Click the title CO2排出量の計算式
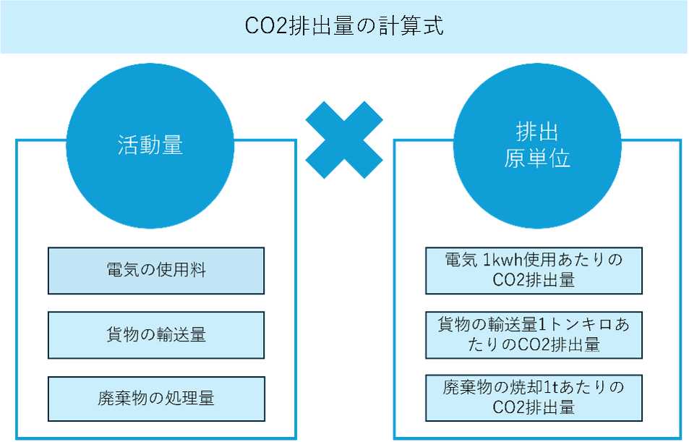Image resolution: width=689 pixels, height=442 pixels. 344,27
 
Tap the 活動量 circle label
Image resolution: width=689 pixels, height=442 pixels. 150,145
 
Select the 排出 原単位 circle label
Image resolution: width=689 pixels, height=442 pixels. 537,145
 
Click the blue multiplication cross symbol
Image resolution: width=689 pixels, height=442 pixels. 344,140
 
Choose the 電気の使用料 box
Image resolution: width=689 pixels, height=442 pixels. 156,271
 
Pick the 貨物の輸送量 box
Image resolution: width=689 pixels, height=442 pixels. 156,335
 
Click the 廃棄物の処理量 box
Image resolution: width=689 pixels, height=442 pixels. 156,398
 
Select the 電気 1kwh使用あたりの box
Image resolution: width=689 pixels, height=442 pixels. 534,270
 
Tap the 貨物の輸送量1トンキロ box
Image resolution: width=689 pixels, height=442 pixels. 534,334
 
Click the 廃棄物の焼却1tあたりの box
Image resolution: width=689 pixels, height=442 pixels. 534,397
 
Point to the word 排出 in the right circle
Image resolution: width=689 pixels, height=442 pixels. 537,132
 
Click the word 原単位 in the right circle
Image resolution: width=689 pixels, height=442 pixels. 537,158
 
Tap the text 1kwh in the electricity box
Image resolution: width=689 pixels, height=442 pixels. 500,260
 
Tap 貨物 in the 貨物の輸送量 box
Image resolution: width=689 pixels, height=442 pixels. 119,335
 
